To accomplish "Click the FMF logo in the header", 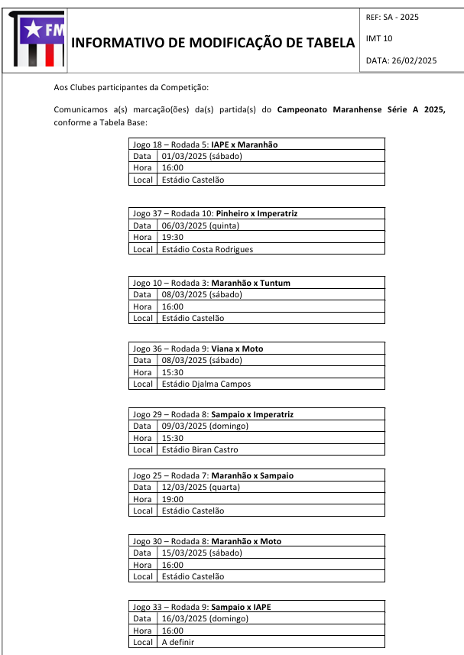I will (x=38, y=38).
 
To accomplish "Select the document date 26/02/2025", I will (x=401, y=60).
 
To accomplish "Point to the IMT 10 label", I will (x=379, y=38).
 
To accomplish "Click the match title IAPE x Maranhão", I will (x=245, y=144).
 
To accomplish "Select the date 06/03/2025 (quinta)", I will (x=200, y=225).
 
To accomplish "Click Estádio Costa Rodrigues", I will (x=207, y=249).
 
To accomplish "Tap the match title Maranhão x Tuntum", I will (x=251, y=283).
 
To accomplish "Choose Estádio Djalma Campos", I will (x=206, y=384).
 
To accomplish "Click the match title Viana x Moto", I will (x=237, y=349).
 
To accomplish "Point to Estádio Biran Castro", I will (x=200, y=449).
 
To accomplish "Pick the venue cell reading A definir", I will (x=178, y=642).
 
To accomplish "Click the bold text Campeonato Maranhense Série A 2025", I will (x=361, y=110).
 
